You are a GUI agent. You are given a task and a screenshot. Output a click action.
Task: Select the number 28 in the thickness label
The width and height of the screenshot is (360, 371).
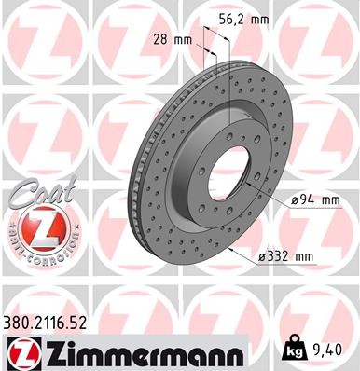(x=159, y=40)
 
